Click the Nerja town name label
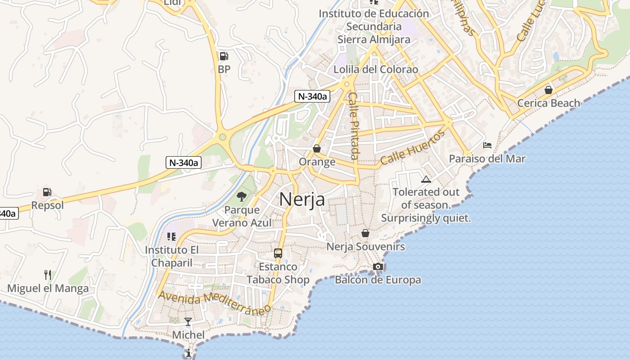(x=302, y=199)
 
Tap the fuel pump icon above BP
(x=224, y=56)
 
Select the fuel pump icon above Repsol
(x=47, y=192)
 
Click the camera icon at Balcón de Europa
(x=378, y=267)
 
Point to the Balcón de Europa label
(x=378, y=280)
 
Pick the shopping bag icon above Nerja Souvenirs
(x=365, y=233)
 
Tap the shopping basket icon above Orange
(x=317, y=148)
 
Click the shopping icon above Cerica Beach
(x=548, y=90)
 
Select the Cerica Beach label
(x=549, y=103)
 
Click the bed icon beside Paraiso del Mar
(x=487, y=145)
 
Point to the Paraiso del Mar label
(x=487, y=159)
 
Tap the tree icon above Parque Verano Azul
(x=242, y=196)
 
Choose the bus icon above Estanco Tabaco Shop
(x=278, y=253)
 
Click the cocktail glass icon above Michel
(x=188, y=322)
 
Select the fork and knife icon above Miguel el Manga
(x=48, y=274)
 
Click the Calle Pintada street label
(x=354, y=126)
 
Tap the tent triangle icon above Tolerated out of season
(x=426, y=179)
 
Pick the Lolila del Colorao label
(x=376, y=70)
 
